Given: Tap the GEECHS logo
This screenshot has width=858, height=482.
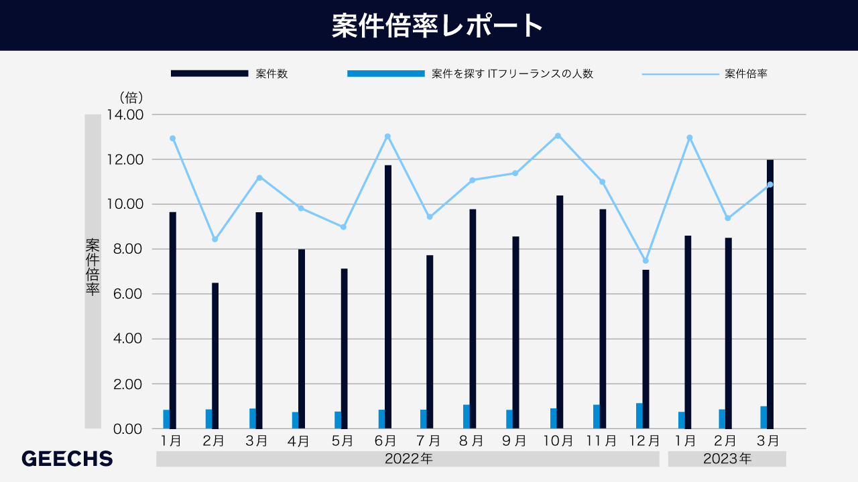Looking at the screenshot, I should click(x=67, y=459).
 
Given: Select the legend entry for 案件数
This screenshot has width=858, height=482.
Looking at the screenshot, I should click(x=271, y=74).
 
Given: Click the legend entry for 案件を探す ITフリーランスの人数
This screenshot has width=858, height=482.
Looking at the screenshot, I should click(x=512, y=74).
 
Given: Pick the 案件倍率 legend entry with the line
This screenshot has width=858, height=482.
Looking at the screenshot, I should click(x=745, y=74).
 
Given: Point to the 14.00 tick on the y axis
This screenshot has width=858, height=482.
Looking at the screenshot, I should click(x=125, y=114).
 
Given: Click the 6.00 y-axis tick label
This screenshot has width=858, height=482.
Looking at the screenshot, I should click(x=125, y=294).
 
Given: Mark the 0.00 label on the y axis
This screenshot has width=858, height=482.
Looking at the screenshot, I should click(x=125, y=428).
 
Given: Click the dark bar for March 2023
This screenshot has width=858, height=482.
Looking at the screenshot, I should click(x=770, y=294).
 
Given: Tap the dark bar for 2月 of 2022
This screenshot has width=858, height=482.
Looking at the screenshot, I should click(x=215, y=355).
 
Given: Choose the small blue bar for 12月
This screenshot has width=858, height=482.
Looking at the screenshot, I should click(x=639, y=416).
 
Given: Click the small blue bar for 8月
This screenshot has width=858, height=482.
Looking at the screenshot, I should click(x=467, y=416).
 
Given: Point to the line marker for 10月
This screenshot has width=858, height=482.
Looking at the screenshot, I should click(x=558, y=136).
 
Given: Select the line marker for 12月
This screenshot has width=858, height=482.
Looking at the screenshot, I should click(x=646, y=261).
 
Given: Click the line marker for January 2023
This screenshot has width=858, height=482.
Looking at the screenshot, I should click(x=689, y=138).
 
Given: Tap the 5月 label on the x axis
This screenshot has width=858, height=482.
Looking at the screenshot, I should click(x=342, y=441).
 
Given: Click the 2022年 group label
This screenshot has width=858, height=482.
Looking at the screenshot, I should click(x=408, y=459).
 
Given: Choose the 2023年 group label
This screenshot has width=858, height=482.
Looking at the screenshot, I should click(x=727, y=459).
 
